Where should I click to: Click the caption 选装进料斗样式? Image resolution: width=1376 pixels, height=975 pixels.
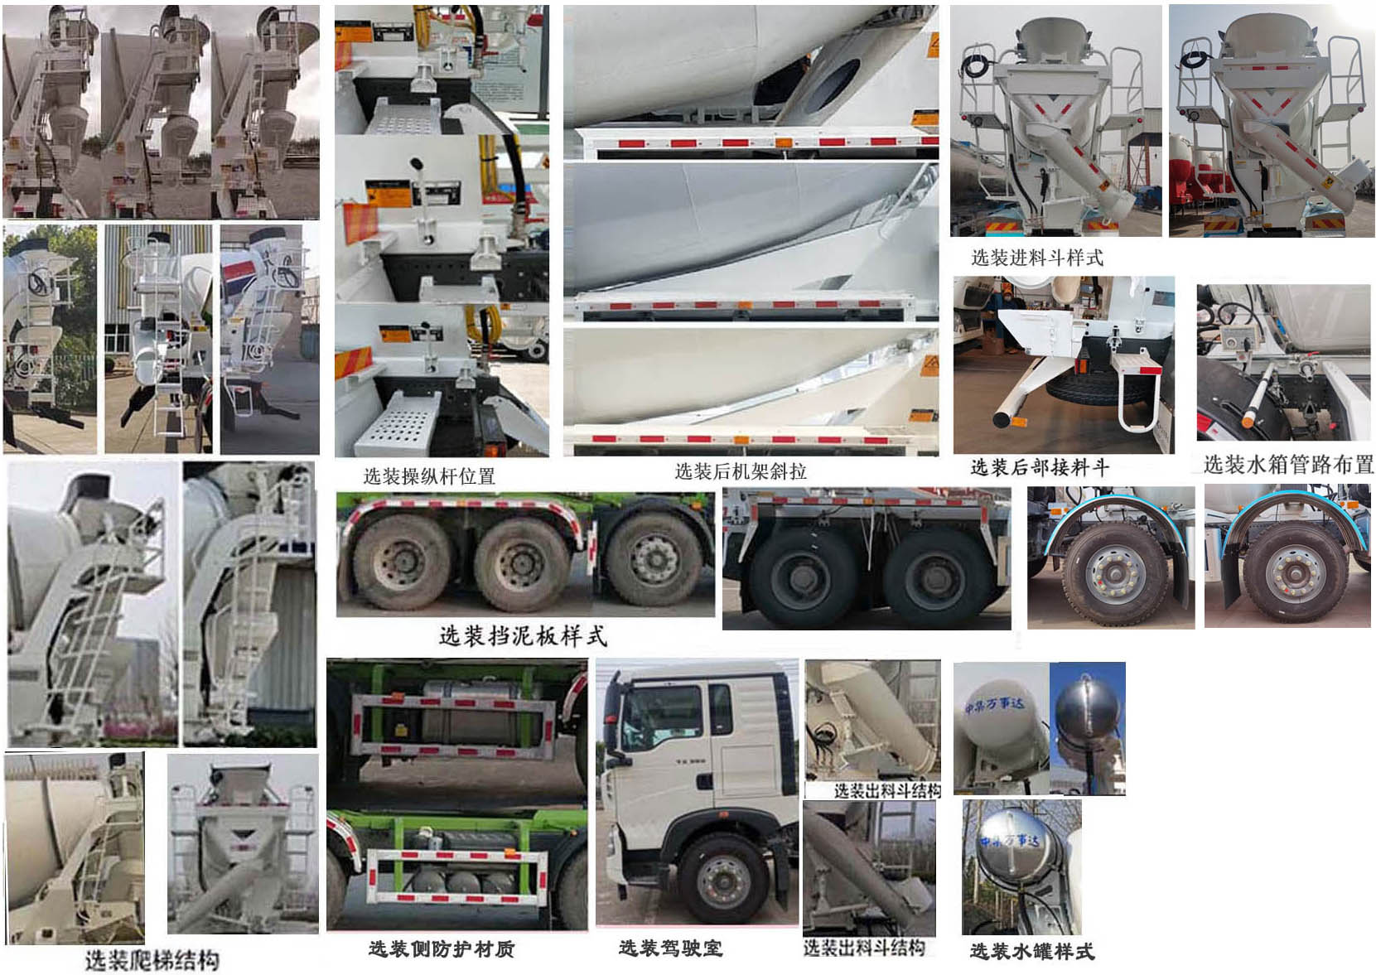coord(1036,258)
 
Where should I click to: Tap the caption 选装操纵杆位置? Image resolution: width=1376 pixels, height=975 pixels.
coord(428,476)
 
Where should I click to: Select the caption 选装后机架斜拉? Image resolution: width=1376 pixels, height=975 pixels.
coord(740,471)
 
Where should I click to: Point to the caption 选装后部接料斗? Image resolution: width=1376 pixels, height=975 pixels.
coord(1040,467)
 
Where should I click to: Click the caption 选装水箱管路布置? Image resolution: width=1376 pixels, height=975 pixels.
coord(1287,464)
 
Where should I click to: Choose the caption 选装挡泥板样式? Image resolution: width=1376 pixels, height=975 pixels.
coord(523,636)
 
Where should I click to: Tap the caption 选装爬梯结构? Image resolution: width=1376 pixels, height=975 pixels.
coord(152,960)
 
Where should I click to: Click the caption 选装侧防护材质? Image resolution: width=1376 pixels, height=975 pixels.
coord(441,948)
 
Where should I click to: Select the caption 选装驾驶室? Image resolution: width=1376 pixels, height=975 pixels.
coord(670,948)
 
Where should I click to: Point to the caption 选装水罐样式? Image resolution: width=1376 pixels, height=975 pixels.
coord(1031,951)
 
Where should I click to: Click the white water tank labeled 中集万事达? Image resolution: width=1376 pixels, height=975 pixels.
coord(998,724)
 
